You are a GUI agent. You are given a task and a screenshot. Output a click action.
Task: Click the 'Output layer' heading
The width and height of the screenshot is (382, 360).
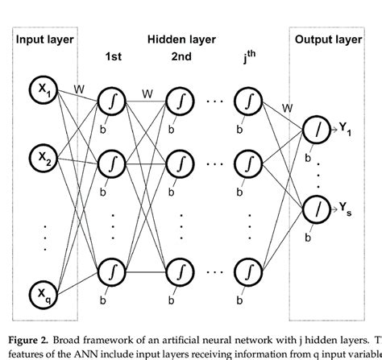(328, 39)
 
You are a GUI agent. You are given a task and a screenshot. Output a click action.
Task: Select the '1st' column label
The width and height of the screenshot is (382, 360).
(113, 56)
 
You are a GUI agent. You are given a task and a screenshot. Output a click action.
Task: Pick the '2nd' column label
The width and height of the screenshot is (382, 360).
(181, 56)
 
